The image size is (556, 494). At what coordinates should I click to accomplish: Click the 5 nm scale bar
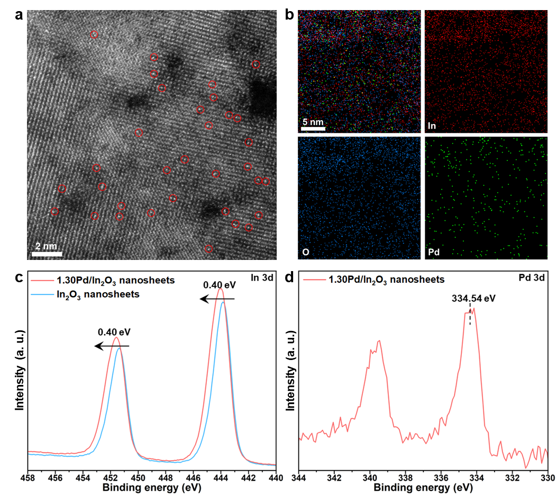click(313, 128)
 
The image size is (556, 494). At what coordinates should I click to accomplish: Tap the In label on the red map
click(433, 127)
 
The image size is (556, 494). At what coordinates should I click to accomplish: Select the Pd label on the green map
click(433, 253)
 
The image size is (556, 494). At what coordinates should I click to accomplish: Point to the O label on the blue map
click(306, 253)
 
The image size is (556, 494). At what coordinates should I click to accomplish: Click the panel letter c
click(19, 277)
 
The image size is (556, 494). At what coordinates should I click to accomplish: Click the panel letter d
click(289, 277)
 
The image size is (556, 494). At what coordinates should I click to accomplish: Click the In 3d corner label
click(261, 277)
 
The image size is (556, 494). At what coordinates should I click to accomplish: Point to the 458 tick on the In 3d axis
click(28, 477)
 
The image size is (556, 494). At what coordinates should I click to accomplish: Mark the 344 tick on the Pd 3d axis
click(299, 477)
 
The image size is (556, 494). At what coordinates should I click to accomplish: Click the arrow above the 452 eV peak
click(112, 346)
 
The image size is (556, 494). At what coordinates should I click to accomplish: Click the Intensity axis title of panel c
click(21, 369)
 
